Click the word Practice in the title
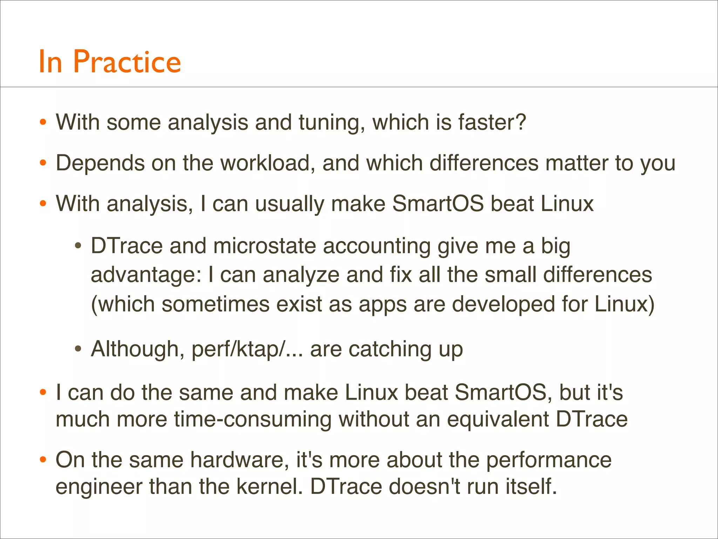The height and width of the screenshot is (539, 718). (x=127, y=62)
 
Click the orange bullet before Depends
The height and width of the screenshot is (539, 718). (x=43, y=163)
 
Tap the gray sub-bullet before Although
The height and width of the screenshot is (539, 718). (x=78, y=349)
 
